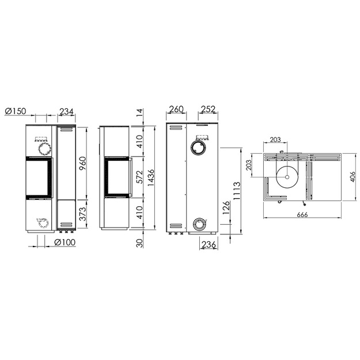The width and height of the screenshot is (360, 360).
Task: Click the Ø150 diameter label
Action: point(16,111)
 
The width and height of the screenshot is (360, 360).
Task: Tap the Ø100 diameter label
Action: point(65,242)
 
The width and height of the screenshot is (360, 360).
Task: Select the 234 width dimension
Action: point(66,112)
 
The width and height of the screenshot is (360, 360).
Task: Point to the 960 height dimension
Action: point(82,163)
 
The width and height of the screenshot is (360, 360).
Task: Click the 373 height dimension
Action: point(82,214)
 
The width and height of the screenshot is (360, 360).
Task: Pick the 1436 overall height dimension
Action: point(151,178)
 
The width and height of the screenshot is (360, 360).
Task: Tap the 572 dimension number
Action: point(139,177)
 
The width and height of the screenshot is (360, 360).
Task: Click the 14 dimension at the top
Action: point(139,113)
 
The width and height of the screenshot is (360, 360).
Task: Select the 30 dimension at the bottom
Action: point(139,243)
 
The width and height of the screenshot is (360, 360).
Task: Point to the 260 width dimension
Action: point(176,109)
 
